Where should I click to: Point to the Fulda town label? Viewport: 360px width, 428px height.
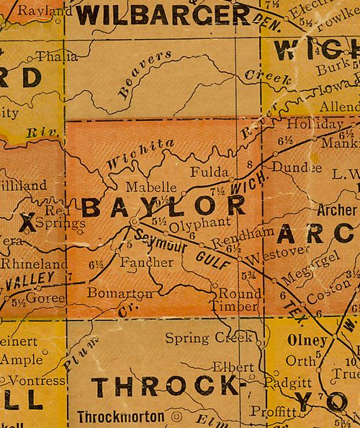click(x=207, y=172)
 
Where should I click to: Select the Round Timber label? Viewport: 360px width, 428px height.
click(x=238, y=300)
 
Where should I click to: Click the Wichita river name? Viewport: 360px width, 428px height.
click(x=140, y=154)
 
